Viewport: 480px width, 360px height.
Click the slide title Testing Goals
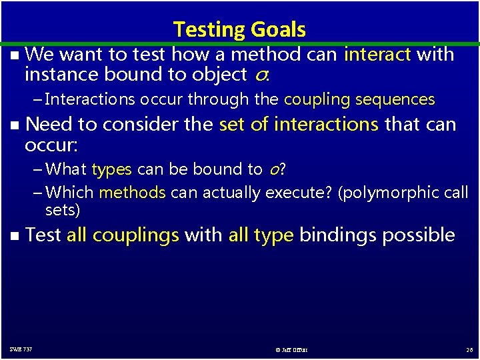pyautogui.click(x=239, y=29)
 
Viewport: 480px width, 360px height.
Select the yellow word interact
pyautogui.click(x=377, y=54)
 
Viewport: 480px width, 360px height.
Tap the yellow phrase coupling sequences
pyautogui.click(x=359, y=99)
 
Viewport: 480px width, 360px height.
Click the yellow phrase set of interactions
pyautogui.click(x=299, y=124)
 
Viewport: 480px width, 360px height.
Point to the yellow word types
pyautogui.click(x=112, y=169)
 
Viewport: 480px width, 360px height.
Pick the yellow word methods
pyautogui.click(x=132, y=193)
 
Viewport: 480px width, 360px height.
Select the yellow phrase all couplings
pyautogui.click(x=123, y=235)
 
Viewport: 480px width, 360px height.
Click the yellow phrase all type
pyautogui.click(x=261, y=235)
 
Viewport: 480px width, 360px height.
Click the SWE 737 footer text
pyautogui.click(x=21, y=349)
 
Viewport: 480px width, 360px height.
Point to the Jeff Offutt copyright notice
pyautogui.click(x=291, y=349)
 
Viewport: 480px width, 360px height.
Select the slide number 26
pyautogui.click(x=470, y=349)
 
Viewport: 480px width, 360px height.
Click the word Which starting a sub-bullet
pyautogui.click(x=70, y=193)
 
